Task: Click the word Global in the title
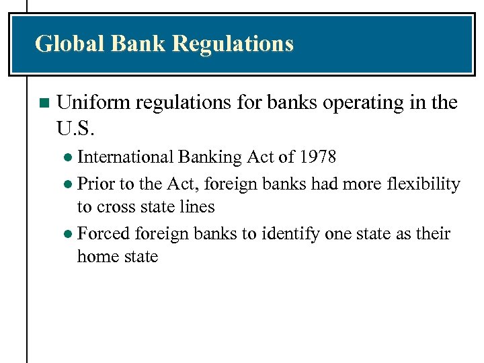[x=70, y=44]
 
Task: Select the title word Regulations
[x=233, y=44]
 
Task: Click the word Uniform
[x=93, y=103]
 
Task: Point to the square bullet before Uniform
[x=44, y=104]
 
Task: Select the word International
[x=126, y=157]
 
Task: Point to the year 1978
[x=317, y=157]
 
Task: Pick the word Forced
[x=104, y=234]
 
